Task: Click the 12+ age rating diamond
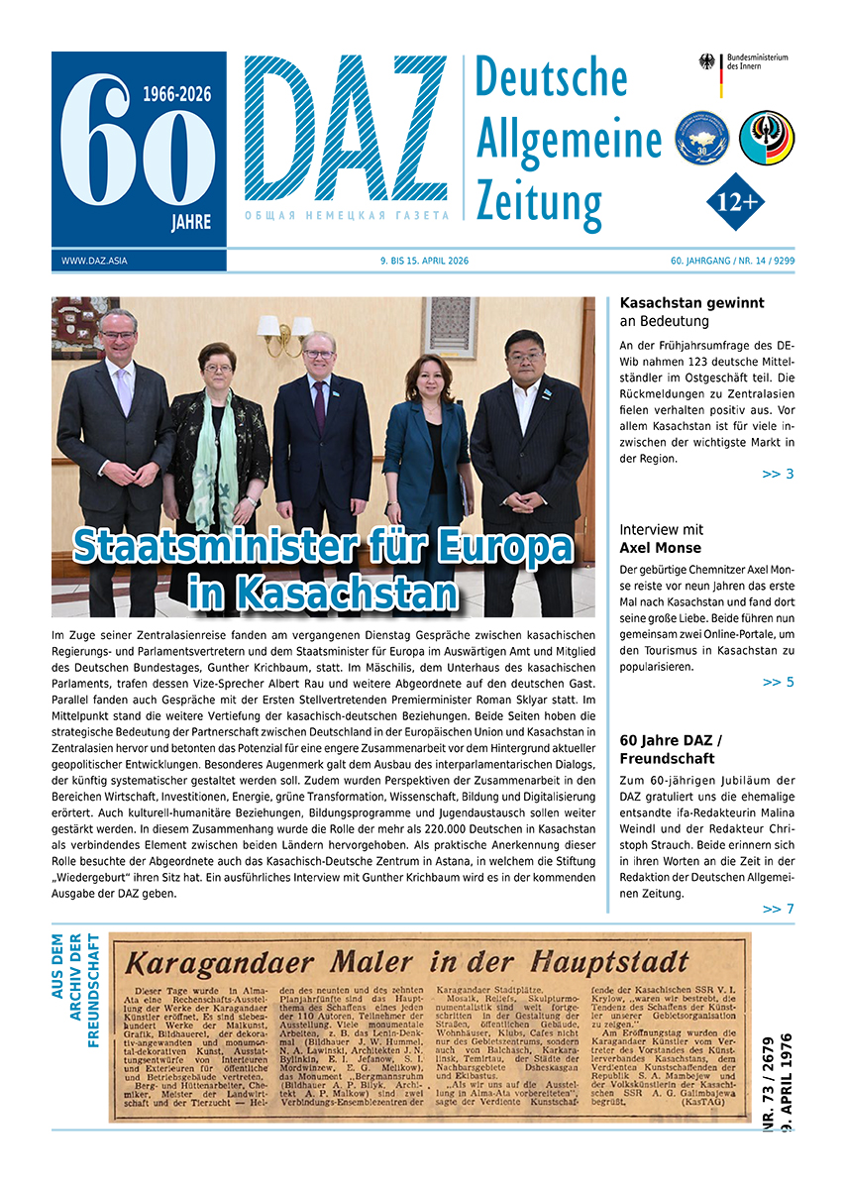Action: [x=735, y=202]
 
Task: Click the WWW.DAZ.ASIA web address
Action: [x=94, y=262]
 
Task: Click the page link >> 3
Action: [x=778, y=474]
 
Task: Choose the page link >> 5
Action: [x=778, y=682]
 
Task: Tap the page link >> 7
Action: [x=778, y=909]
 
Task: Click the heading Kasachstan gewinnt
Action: [x=691, y=303]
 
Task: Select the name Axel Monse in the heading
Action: [x=660, y=548]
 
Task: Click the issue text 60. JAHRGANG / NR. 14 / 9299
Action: [x=732, y=262]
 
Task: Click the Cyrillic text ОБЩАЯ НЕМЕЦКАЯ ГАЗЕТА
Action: [x=347, y=215]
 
